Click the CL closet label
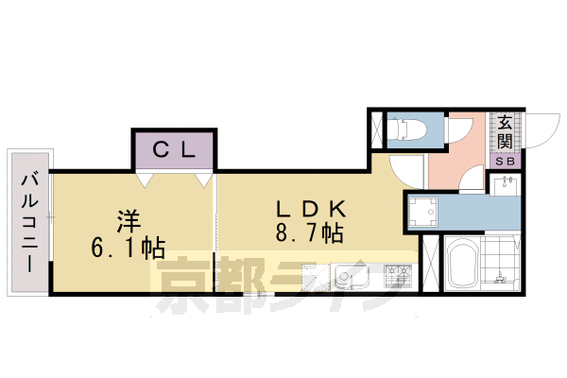pyautogui.click(x=173, y=148)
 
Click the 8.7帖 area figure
pyautogui.click(x=305, y=232)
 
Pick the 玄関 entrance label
pyautogui.click(x=506, y=133)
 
